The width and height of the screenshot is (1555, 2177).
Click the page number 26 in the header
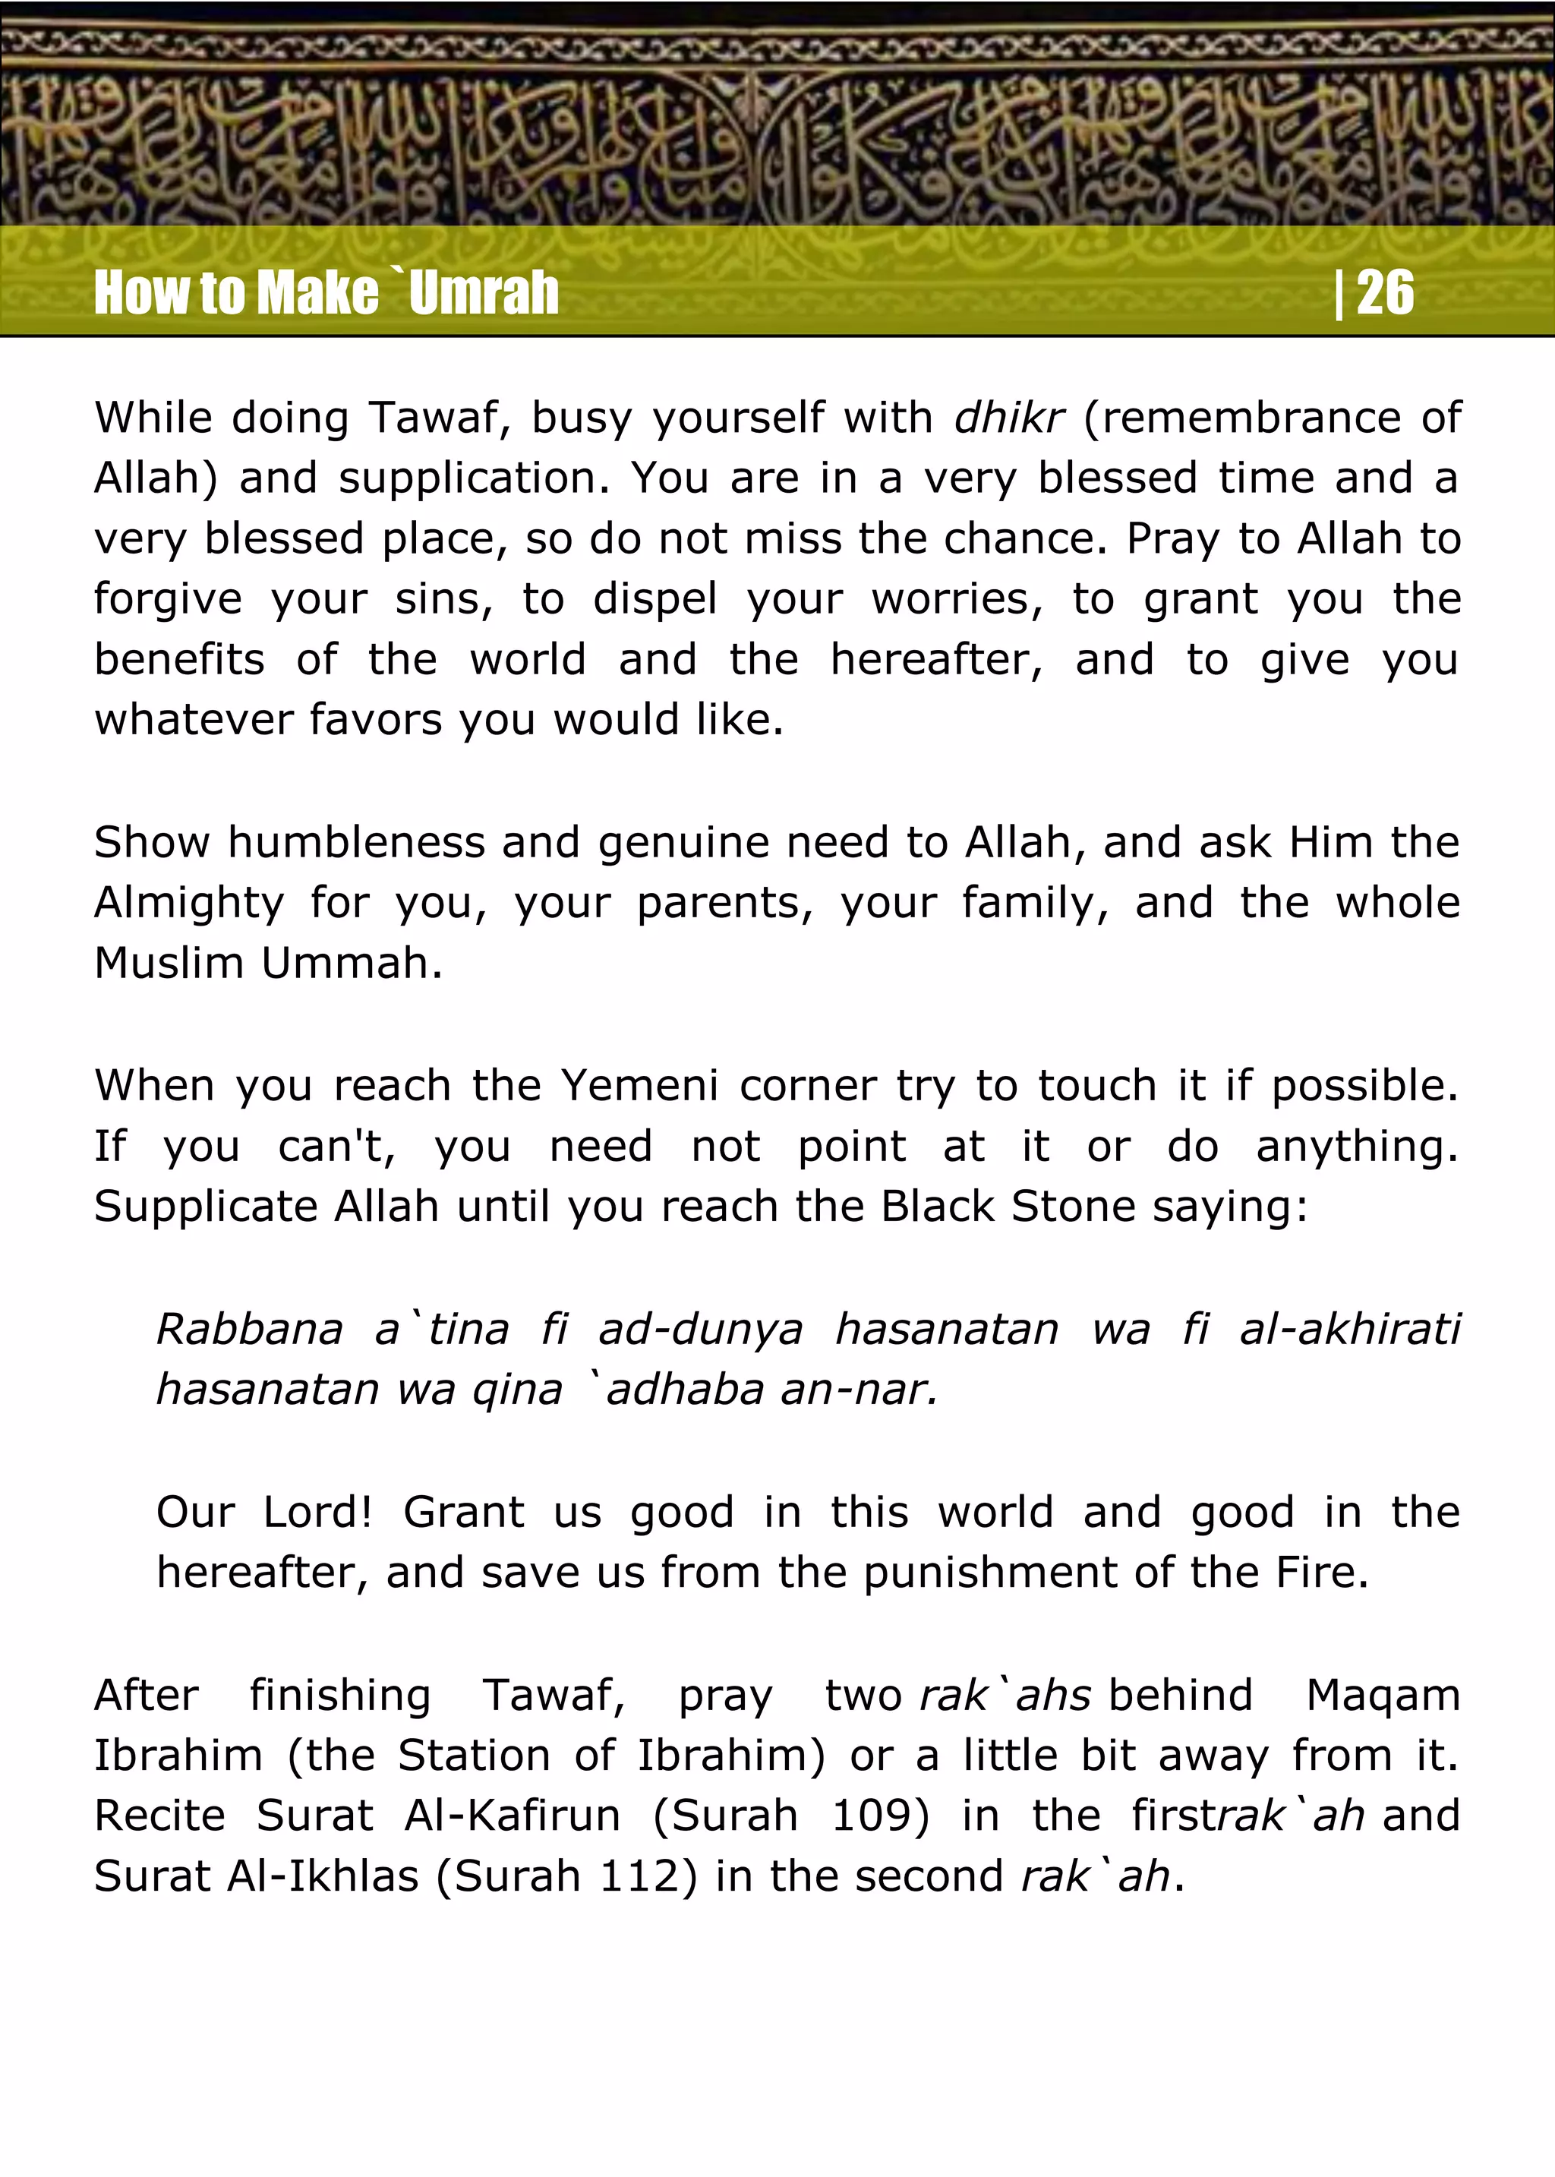pos(1385,292)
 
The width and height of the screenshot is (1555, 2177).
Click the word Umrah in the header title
pos(484,292)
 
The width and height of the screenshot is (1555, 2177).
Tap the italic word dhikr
pos(1009,418)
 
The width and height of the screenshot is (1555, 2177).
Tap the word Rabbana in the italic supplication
pos(249,1329)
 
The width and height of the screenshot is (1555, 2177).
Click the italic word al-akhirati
pos(1349,1329)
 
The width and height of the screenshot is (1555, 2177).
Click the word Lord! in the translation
pos(317,1513)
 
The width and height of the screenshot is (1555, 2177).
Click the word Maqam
pos(1383,1696)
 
